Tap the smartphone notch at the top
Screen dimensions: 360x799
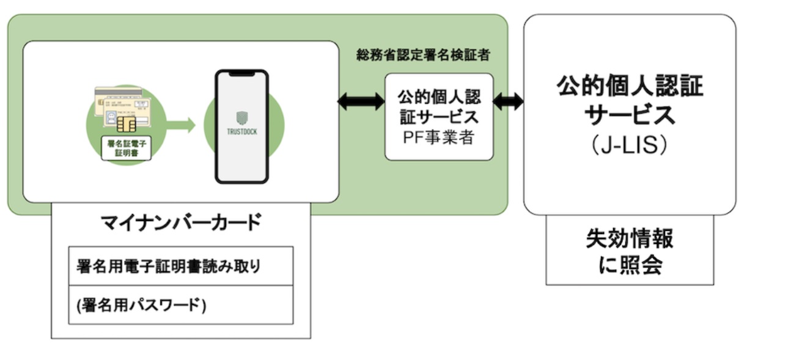(x=241, y=74)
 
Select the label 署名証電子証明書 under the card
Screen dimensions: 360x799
(x=125, y=148)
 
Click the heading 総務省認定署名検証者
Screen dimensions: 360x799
(x=423, y=56)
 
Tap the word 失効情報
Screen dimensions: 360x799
(x=630, y=238)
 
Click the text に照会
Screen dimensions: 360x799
(x=630, y=266)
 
